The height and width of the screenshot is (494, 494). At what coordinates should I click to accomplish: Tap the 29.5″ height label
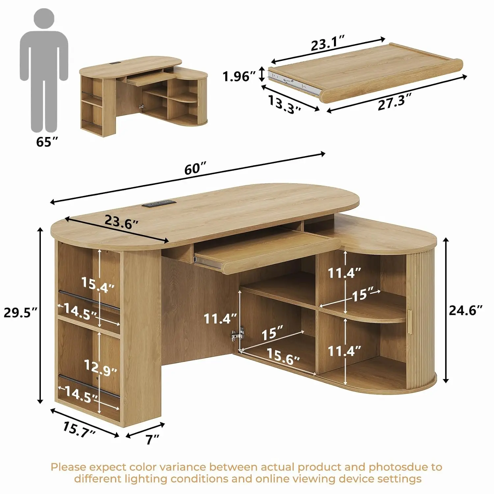[21, 312]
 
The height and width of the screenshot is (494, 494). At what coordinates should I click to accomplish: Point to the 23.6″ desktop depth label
[121, 221]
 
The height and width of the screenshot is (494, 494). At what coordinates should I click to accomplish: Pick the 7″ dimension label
[152, 439]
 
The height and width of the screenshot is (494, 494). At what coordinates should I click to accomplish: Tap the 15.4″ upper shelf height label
[98, 285]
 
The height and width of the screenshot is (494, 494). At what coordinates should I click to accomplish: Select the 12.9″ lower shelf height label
[100, 368]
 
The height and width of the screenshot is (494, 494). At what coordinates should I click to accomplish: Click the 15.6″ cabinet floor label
[283, 356]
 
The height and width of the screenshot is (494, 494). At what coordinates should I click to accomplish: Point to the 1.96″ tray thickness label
[239, 76]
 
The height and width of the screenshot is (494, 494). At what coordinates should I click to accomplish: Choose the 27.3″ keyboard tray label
[395, 102]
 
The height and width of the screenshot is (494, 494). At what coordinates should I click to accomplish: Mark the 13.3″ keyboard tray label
[285, 104]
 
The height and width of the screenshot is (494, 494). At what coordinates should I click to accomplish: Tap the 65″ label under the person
[47, 142]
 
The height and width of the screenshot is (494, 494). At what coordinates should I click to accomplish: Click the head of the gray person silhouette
[44, 18]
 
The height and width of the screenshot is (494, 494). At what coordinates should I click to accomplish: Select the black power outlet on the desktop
[159, 203]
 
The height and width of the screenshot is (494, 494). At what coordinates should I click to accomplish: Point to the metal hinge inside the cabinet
[237, 335]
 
